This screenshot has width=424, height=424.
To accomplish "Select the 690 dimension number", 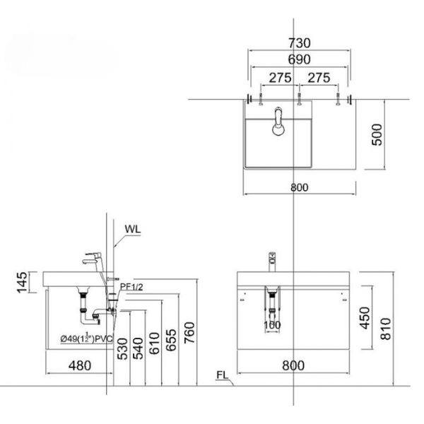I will (300, 61).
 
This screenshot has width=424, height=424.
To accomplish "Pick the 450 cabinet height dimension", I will (363, 317).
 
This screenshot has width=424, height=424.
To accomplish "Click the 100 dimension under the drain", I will (272, 326).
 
